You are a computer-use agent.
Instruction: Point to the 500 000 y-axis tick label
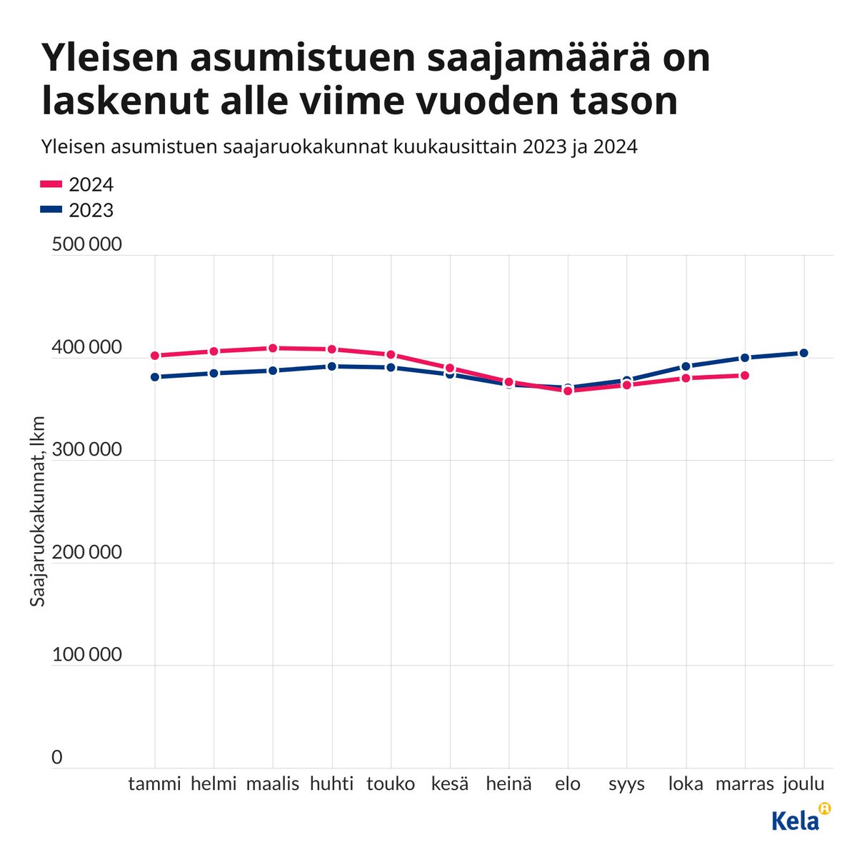(86, 245)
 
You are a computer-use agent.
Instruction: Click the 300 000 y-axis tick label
(86, 450)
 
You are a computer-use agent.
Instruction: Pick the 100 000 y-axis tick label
(86, 655)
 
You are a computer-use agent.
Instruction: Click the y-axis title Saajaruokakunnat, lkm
(38, 511)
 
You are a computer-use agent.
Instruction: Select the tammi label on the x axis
(155, 784)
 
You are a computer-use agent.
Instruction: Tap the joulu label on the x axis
(803, 784)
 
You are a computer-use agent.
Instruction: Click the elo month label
(568, 784)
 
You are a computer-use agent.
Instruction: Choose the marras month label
(745, 784)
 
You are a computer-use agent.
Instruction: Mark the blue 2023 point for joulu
(803, 353)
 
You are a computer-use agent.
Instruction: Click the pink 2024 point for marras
(745, 376)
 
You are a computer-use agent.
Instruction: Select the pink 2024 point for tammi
(155, 356)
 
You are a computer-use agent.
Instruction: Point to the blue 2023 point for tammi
(155, 377)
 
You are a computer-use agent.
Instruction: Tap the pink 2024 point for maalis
(273, 348)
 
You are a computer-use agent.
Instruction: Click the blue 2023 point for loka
(686, 366)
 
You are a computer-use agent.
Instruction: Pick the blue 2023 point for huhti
(332, 366)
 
